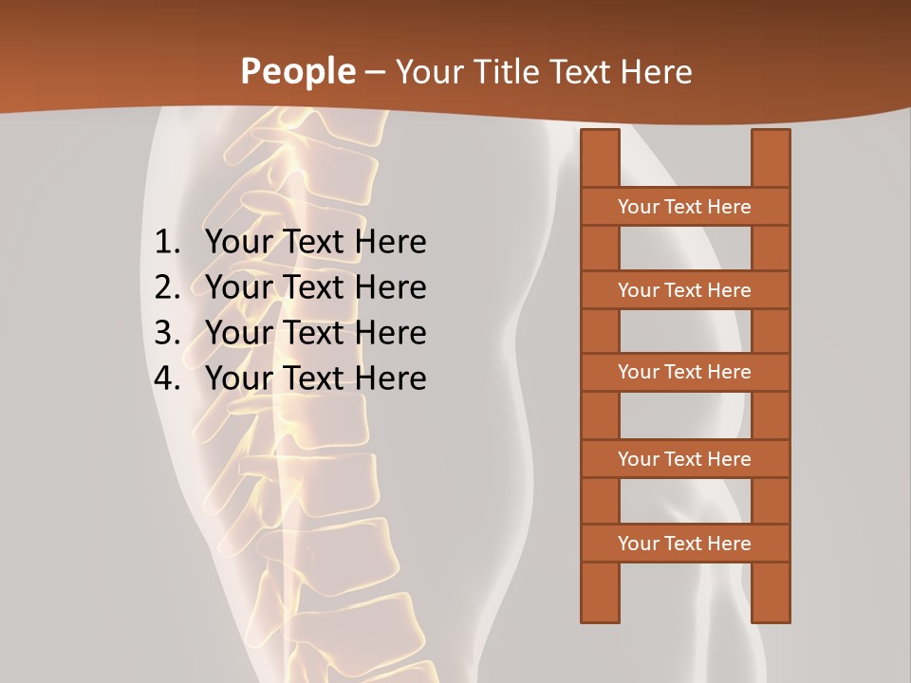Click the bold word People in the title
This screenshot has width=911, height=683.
click(297, 71)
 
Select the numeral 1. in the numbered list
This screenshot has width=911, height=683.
click(167, 242)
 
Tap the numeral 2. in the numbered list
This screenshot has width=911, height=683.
click(167, 287)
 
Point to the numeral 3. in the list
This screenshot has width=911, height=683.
click(167, 333)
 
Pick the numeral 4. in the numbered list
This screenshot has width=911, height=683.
click(167, 378)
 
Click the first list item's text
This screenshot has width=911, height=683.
click(315, 242)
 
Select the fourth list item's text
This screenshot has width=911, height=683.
click(315, 378)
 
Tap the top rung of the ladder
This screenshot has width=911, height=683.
click(684, 207)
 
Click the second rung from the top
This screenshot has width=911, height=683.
click(684, 290)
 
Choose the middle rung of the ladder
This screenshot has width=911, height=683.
click(684, 372)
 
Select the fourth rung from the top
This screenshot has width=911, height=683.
click(684, 459)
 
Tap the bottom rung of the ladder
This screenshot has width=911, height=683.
click(684, 544)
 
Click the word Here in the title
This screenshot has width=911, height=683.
click(656, 71)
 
